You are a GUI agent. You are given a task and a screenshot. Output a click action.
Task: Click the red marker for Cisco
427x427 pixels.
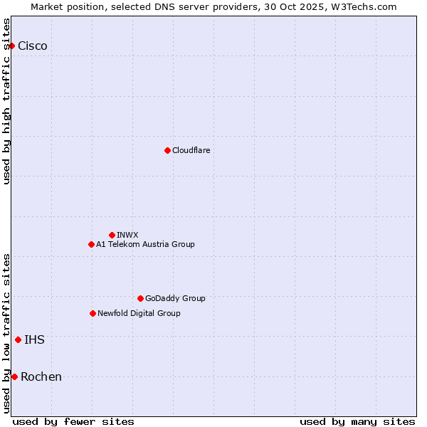point(11,46)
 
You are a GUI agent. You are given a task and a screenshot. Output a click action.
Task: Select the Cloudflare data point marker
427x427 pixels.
point(167,150)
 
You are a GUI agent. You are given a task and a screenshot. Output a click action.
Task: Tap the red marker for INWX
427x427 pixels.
point(112,235)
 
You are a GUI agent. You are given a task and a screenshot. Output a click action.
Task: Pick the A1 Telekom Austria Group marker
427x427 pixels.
point(91,244)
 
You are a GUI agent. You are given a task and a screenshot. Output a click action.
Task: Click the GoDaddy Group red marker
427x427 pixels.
point(140,298)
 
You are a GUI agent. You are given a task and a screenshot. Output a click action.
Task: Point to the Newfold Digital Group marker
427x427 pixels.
point(93,313)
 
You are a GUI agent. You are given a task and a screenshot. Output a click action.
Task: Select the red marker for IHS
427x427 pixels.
point(18,339)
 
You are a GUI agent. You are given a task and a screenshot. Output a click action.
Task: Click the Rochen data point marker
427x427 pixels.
point(14,376)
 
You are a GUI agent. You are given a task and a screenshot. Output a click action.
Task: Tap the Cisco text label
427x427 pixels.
point(33,46)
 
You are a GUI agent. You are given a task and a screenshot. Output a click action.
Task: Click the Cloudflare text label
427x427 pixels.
point(191,151)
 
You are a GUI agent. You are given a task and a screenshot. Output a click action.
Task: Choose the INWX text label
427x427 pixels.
point(127,235)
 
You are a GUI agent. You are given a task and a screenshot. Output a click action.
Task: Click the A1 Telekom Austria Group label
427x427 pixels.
point(145,245)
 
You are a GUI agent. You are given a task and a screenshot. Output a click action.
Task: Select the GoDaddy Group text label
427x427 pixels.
point(175,299)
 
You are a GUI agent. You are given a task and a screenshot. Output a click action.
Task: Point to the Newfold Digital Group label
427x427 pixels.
point(139,314)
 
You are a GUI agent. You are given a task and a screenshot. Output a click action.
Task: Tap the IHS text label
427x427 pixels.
point(34,340)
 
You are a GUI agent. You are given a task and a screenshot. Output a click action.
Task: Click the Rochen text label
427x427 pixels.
point(41,377)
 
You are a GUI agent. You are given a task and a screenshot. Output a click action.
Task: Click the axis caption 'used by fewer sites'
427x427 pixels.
point(73,421)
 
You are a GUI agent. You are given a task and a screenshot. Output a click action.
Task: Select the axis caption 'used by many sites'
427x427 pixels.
point(357,421)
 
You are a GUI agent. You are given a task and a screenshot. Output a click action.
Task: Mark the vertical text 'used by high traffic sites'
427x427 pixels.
point(7,101)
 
